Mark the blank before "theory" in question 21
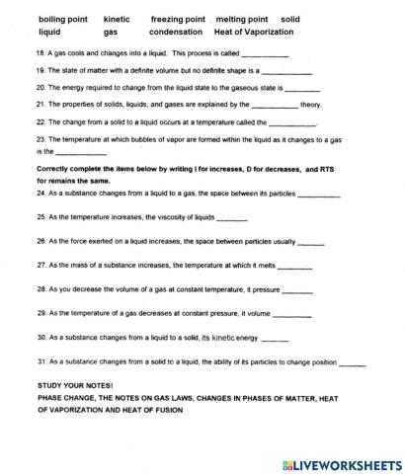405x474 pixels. point(275,106)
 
